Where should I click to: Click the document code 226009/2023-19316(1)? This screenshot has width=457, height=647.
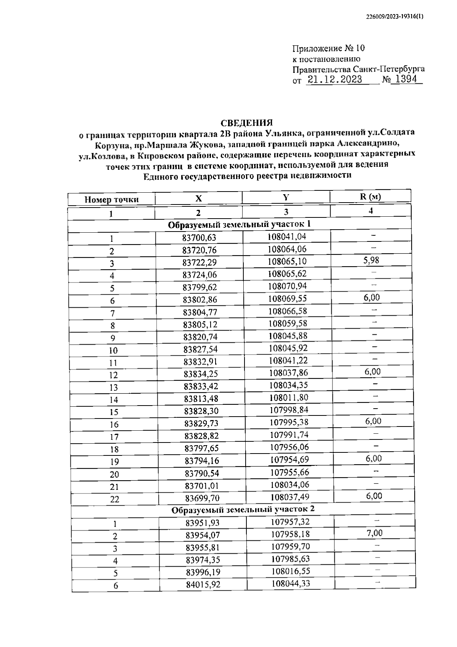394,17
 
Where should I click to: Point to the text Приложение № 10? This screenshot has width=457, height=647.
328,48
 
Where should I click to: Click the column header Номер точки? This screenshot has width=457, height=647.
112,200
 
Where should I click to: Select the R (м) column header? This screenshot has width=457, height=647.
370,196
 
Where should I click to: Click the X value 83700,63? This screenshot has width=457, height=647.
199,238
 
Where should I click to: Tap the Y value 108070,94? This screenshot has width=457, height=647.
288,286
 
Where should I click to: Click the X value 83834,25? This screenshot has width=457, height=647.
201,374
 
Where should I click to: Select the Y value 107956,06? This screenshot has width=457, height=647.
289,447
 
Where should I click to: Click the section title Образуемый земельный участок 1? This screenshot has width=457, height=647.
239,224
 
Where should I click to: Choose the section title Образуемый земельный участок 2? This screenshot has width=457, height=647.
243,509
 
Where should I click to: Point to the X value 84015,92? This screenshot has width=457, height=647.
203,584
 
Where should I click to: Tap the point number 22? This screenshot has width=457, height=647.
115,499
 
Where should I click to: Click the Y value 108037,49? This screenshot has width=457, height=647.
290,497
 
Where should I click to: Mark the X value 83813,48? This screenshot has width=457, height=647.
201,398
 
